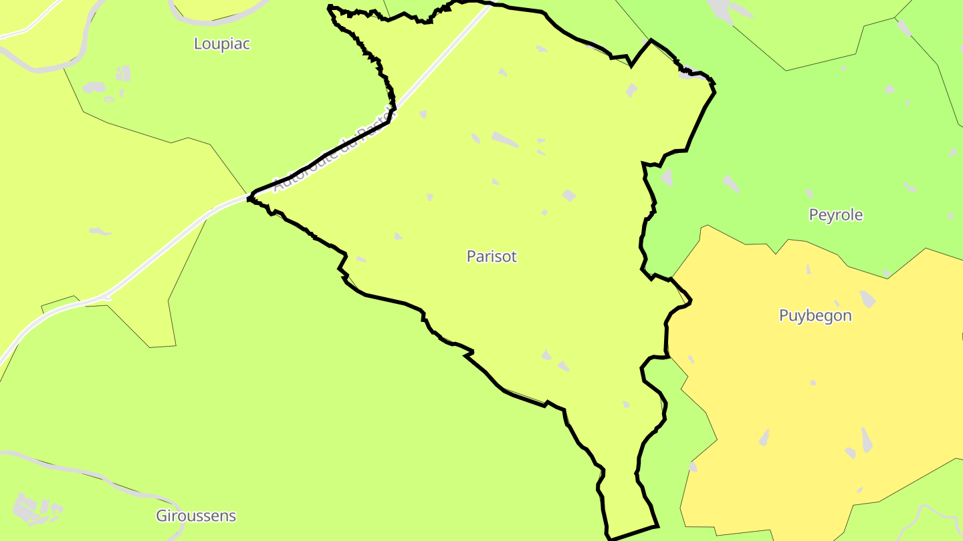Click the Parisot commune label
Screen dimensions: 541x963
pyautogui.click(x=492, y=256)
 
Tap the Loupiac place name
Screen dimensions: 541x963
pyautogui.click(x=221, y=44)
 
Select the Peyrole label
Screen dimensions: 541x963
pyautogui.click(x=835, y=215)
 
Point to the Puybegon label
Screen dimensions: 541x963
pyautogui.click(x=815, y=315)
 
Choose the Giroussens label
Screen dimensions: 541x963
pyautogui.click(x=196, y=516)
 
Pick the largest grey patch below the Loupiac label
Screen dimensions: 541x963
pyautogui.click(x=94, y=87)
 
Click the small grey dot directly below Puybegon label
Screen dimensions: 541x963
pyautogui.click(x=813, y=383)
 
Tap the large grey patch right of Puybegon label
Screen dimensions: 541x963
pyautogui.click(x=867, y=299)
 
